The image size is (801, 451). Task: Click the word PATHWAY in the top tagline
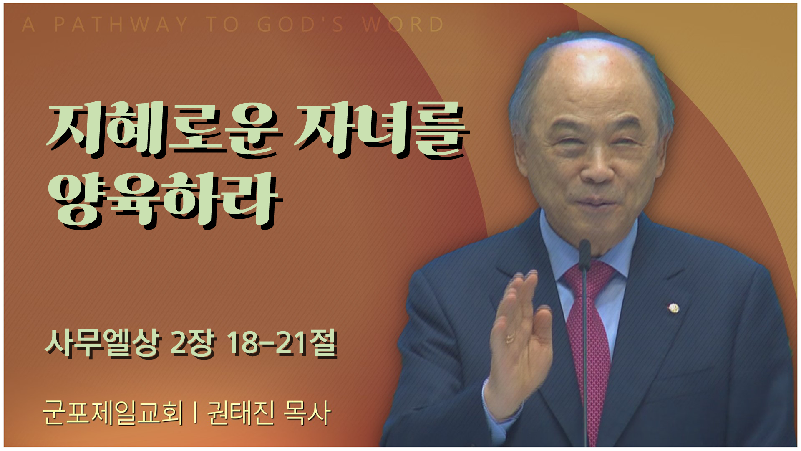point(121,24)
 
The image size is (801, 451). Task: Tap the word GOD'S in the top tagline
point(300,24)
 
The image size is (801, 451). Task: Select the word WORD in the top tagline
point(403,24)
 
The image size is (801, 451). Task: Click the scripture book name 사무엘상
point(103,343)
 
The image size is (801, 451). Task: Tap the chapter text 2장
point(194,343)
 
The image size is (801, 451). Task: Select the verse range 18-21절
point(282,343)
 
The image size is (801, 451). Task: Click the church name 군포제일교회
point(113,413)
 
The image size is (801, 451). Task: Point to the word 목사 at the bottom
point(307,413)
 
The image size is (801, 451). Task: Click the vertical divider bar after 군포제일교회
point(195,413)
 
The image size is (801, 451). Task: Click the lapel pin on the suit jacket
point(674,309)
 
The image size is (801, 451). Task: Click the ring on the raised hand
point(510,338)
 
